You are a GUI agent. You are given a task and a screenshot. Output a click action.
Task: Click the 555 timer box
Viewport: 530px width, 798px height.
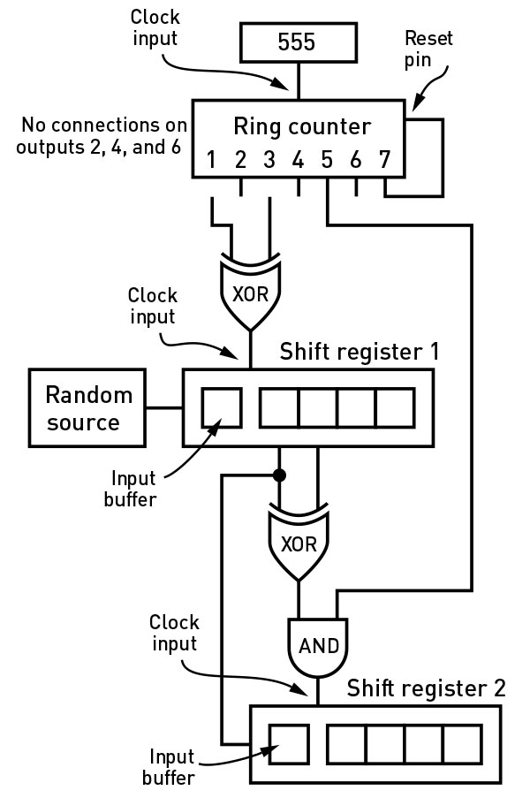click(x=298, y=42)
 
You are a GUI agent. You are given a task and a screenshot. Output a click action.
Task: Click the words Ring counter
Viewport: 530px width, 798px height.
click(x=301, y=125)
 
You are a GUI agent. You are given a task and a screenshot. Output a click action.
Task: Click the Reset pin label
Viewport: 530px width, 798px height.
click(x=428, y=49)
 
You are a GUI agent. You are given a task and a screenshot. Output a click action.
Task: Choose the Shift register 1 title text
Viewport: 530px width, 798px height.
click(x=359, y=351)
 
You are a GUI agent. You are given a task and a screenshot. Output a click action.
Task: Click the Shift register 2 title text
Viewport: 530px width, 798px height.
click(x=426, y=688)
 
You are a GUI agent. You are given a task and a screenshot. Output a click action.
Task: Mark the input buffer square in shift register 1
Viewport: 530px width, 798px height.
click(x=221, y=407)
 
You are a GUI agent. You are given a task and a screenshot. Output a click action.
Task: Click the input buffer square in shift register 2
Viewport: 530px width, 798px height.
click(x=288, y=744)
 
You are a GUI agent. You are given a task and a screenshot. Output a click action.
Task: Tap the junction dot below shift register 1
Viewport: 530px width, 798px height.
click(x=280, y=475)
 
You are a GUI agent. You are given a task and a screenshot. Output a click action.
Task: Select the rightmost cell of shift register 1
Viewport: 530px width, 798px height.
click(x=395, y=407)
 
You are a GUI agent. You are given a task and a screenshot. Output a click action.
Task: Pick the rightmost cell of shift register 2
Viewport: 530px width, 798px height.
click(x=462, y=744)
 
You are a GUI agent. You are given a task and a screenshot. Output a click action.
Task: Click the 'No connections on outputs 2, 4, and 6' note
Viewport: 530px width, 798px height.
click(x=97, y=135)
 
